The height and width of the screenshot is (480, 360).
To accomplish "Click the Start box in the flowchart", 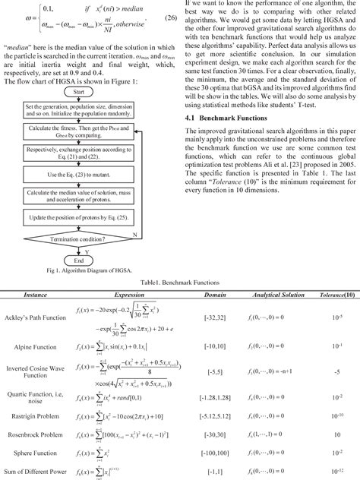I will coord(88,92).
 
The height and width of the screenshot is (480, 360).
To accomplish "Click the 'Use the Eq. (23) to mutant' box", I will coord(87,175).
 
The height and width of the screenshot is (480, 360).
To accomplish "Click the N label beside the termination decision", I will coord(134,235).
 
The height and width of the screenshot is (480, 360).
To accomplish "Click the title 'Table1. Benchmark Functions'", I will coord(179,280).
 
